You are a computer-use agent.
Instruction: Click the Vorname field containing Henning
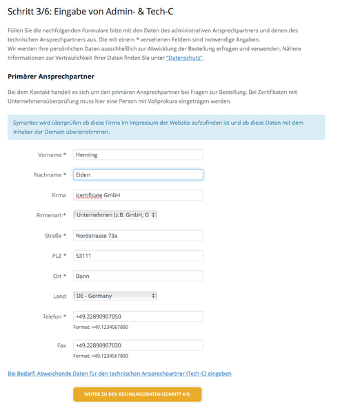click(x=137, y=155)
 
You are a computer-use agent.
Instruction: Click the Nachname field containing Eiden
click(x=137, y=175)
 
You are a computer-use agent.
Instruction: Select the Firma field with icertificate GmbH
click(x=137, y=195)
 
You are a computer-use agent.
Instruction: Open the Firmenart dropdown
click(x=115, y=215)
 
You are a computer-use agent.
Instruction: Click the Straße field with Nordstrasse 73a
click(x=137, y=236)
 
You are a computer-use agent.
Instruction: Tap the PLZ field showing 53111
click(x=137, y=256)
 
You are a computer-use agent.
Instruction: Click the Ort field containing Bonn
click(x=137, y=276)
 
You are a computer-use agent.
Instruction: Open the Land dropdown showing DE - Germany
click(x=115, y=296)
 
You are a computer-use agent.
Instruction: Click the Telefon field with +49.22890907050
click(x=137, y=316)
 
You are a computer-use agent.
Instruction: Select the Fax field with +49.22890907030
click(x=137, y=345)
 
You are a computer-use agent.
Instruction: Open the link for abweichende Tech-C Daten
click(x=119, y=373)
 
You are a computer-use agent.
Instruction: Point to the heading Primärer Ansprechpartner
click(x=51, y=76)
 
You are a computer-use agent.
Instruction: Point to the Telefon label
click(x=54, y=316)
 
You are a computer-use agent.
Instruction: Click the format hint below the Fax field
click(x=101, y=356)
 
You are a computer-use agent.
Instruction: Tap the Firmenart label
click(x=51, y=215)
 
